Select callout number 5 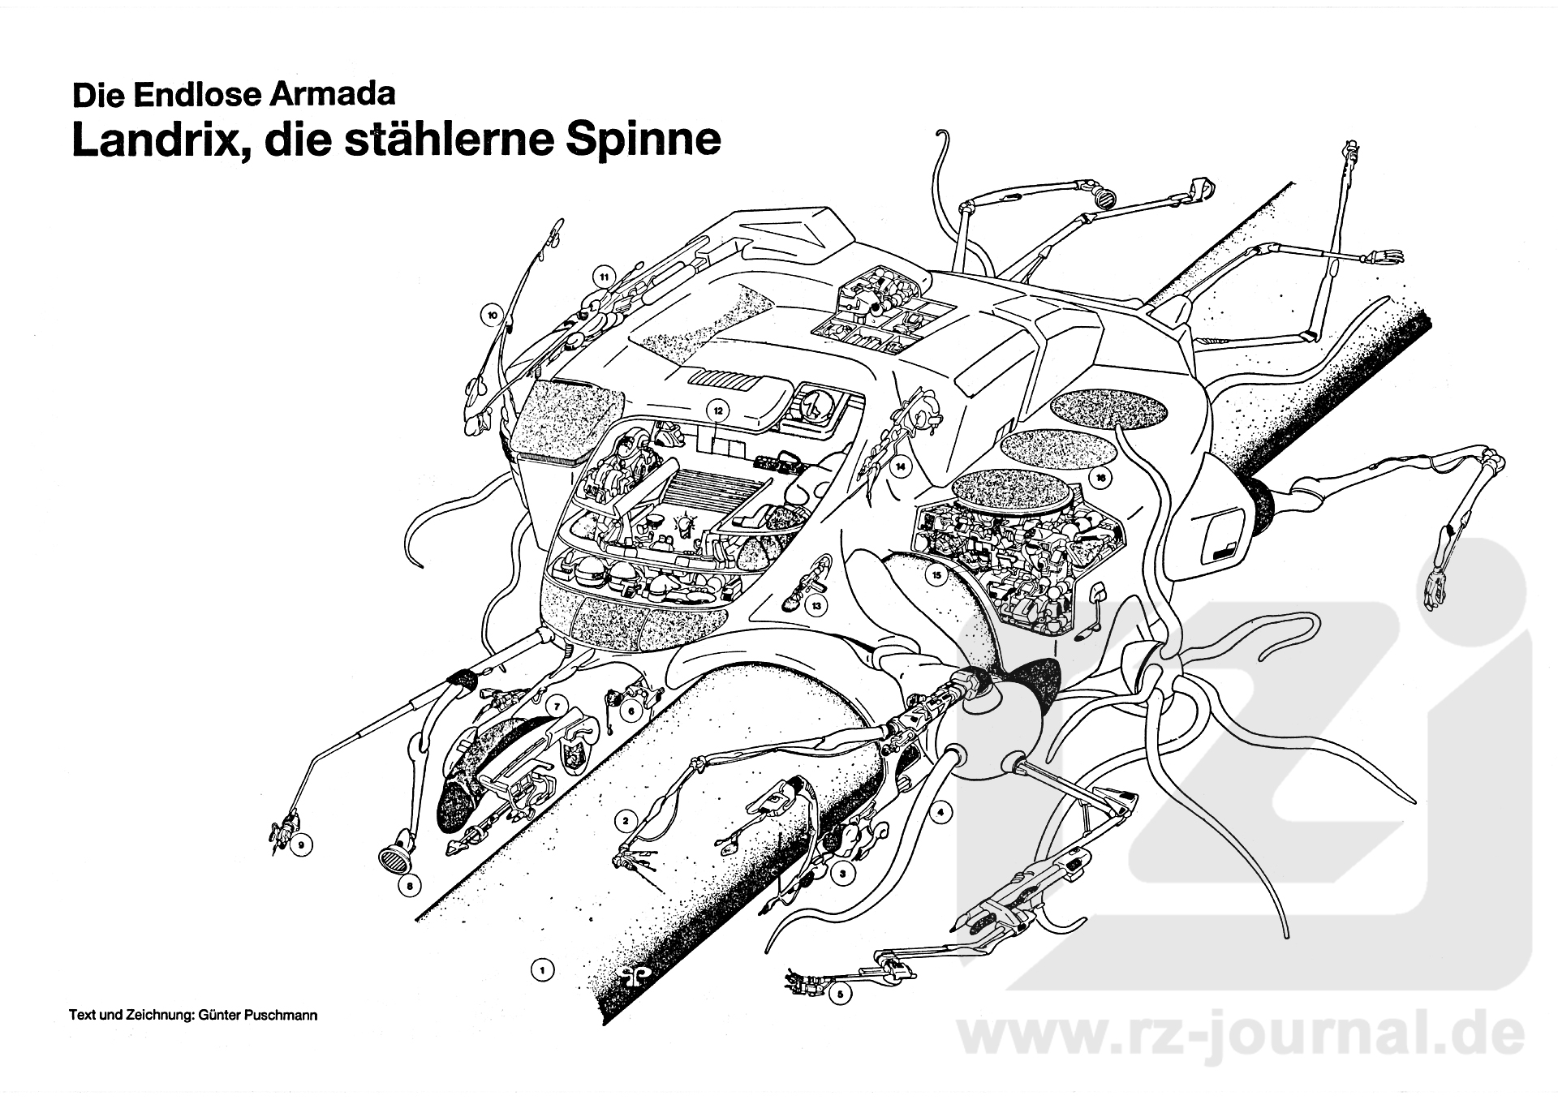[840, 991]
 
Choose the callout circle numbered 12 [717, 410]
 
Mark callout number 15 [937, 576]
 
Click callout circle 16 [1100, 478]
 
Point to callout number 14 [900, 467]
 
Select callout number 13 [816, 605]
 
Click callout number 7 [556, 707]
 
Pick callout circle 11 [604, 277]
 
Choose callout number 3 [842, 874]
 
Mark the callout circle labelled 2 [625, 821]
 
